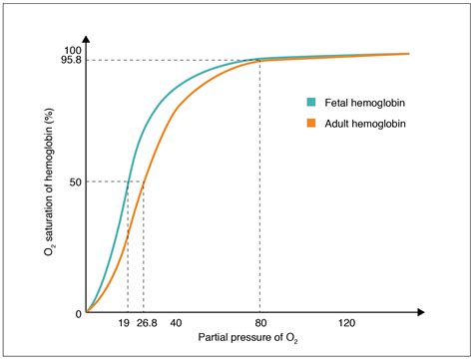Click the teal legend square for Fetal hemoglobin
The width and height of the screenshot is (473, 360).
click(x=310, y=102)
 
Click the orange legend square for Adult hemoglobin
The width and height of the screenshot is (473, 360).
click(x=310, y=125)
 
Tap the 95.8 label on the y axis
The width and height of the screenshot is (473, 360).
click(x=70, y=61)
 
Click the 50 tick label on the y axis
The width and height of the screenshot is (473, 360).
click(x=75, y=181)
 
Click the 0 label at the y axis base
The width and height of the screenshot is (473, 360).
click(x=78, y=313)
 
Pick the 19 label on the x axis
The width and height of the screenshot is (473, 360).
click(x=125, y=324)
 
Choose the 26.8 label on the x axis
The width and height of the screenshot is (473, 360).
click(x=148, y=324)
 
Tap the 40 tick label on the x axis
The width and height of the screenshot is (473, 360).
click(x=176, y=324)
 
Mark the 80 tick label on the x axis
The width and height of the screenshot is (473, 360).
click(x=260, y=324)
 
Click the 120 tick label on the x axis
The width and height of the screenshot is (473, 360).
click(x=346, y=324)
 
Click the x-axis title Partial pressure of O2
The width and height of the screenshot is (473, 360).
click(x=247, y=340)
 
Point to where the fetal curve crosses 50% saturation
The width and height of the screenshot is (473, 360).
click(x=128, y=181)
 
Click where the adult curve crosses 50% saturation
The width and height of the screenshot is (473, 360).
click(x=144, y=181)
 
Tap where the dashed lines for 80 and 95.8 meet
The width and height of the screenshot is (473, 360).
click(x=260, y=61)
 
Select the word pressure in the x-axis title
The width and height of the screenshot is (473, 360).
click(x=244, y=339)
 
